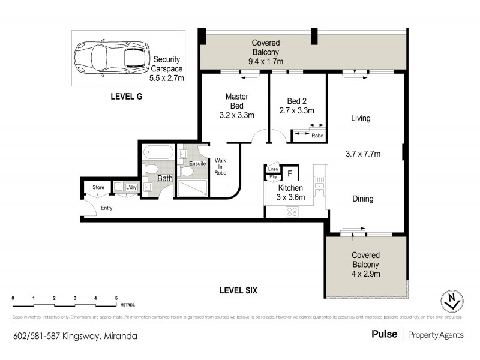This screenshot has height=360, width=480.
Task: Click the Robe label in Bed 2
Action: pos(317,136)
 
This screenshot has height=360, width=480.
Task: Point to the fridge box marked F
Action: pos(290,174)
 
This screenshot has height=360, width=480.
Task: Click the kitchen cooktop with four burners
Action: pos(292,211)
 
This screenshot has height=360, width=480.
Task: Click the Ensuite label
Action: pos(197,163)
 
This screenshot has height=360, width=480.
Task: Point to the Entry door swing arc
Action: pos(89,208)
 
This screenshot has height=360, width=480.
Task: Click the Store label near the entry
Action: pos(98,188)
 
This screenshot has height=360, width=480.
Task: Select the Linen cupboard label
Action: pos(273,170)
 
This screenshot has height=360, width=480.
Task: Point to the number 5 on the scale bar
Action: pos(116,298)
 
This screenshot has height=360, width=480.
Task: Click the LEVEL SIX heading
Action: pos(238,290)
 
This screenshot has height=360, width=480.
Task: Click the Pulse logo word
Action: pos(385,334)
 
